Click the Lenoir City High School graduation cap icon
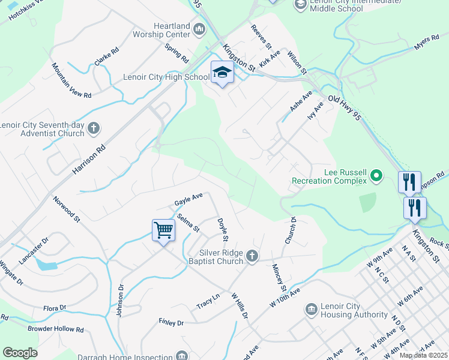coord(222,73)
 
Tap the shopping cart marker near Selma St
coord(163,229)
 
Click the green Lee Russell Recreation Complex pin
coord(376,176)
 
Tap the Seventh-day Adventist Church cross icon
coord(93,127)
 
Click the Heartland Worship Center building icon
coord(200,29)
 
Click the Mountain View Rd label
coord(71,80)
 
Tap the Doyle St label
coord(223,230)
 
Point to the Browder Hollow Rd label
coord(55,329)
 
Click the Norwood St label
coord(66,209)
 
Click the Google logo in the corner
coord(20,353)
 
